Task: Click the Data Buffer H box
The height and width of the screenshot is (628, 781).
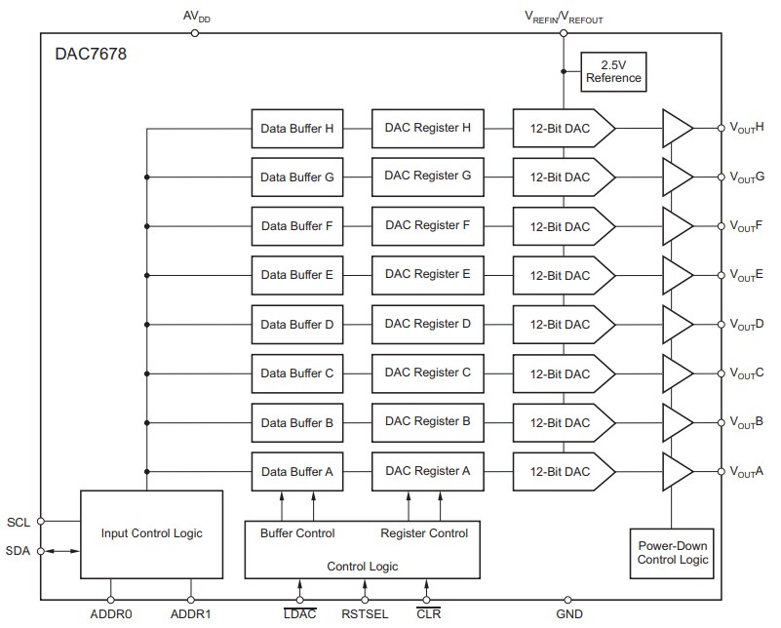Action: (x=296, y=128)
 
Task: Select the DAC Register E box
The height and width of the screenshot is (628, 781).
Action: (x=427, y=275)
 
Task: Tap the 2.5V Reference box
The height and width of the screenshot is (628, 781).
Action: (x=613, y=71)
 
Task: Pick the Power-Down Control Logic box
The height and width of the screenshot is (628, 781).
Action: (x=672, y=553)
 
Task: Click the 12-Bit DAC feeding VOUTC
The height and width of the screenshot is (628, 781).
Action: (x=564, y=373)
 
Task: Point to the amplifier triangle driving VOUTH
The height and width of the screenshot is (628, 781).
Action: (x=676, y=128)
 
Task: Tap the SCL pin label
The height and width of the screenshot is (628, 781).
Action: (x=18, y=521)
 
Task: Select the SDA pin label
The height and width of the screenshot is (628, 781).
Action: (x=18, y=551)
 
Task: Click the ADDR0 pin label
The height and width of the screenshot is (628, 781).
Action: (x=110, y=614)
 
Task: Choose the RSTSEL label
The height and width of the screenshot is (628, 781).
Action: (x=365, y=614)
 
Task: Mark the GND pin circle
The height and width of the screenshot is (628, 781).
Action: (x=568, y=600)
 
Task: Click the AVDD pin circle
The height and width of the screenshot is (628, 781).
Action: (x=195, y=32)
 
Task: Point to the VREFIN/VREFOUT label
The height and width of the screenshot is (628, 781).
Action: (x=564, y=17)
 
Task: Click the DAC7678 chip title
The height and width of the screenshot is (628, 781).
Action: (x=91, y=55)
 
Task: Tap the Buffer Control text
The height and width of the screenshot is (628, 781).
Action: (x=297, y=533)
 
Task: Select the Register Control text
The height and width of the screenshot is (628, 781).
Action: (x=424, y=533)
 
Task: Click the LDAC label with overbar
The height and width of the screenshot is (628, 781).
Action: (x=299, y=614)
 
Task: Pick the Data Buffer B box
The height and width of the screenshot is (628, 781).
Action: (x=296, y=423)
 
